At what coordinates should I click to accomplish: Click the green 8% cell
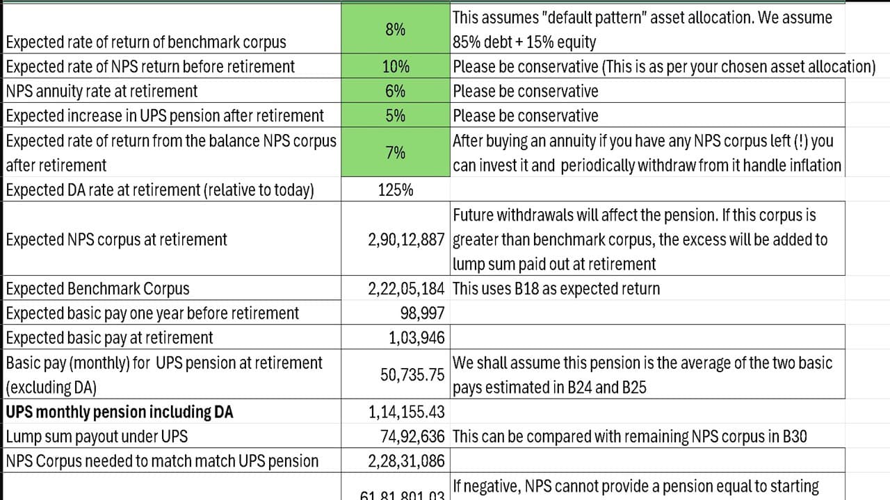(x=396, y=30)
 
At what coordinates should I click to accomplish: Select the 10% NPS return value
(x=396, y=67)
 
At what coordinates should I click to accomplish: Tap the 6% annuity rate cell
(x=396, y=91)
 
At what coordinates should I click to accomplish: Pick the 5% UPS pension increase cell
(x=396, y=115)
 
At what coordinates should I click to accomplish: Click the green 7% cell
(x=396, y=153)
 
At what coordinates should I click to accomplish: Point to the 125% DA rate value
(x=396, y=190)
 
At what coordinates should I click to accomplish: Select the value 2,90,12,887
(x=406, y=240)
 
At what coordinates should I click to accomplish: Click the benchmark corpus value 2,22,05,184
(x=406, y=289)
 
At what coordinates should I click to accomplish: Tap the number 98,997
(x=423, y=313)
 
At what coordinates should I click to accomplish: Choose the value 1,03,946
(x=416, y=338)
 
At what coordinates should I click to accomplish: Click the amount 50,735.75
(x=412, y=375)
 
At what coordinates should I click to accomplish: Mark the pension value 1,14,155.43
(x=407, y=412)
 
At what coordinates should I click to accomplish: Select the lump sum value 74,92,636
(x=409, y=437)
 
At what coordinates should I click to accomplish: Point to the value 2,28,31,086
(x=406, y=461)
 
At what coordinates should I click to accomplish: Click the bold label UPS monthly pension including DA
(x=120, y=412)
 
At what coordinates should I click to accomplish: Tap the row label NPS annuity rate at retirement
(x=102, y=91)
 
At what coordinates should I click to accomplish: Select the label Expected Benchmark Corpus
(x=97, y=289)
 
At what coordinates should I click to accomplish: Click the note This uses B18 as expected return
(x=556, y=289)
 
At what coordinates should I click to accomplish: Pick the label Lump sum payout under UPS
(x=97, y=437)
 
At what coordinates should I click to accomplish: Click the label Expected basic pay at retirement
(x=110, y=338)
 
